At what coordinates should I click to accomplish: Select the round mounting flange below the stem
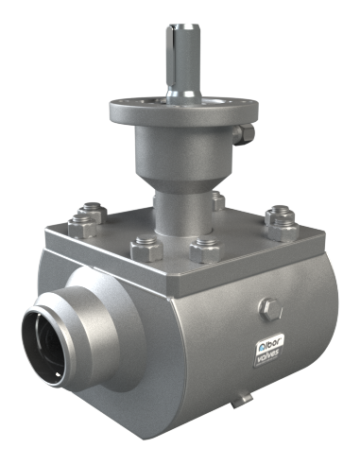coord(184,111)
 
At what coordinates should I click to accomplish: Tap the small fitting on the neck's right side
coord(244,134)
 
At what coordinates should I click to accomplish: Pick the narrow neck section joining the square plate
coord(182,215)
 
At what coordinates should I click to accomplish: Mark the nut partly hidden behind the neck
coord(218,200)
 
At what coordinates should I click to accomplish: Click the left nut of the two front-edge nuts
coord(146,249)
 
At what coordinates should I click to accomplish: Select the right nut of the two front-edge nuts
coord(205,250)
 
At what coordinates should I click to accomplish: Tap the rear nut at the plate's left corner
coord(93,212)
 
